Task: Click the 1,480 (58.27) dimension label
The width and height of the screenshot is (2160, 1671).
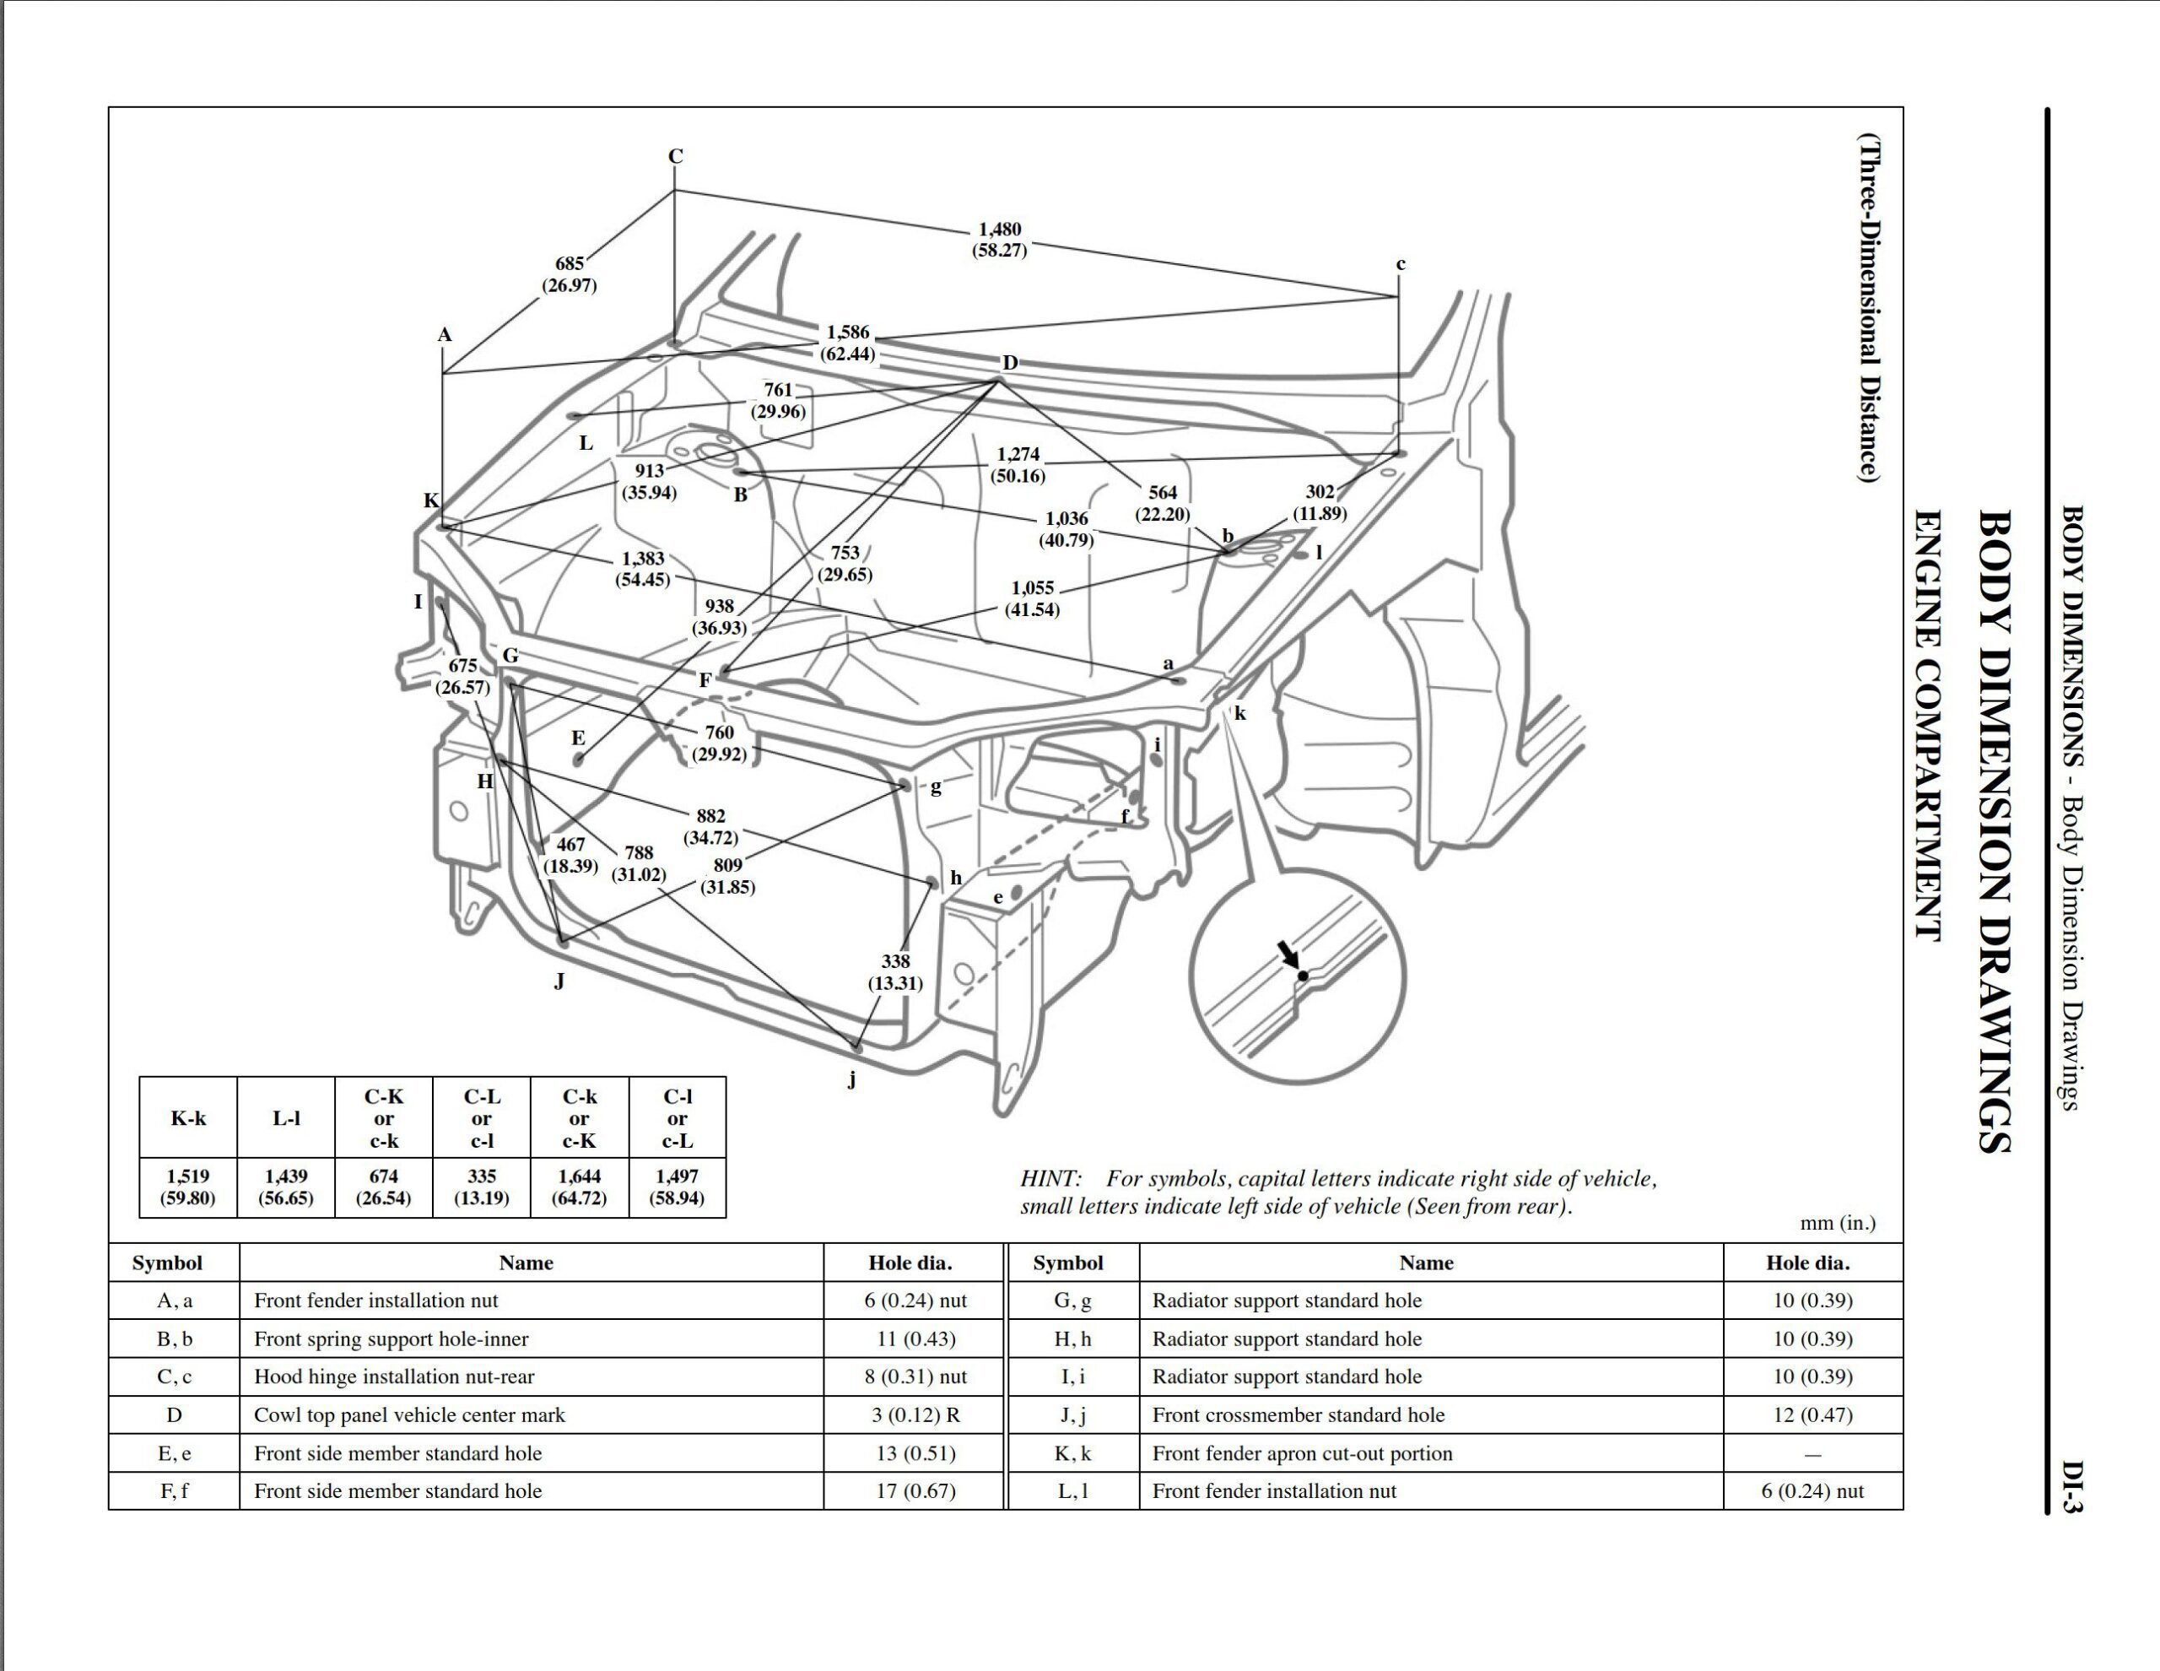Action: pos(999,240)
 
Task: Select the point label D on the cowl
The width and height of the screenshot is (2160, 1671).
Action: pos(1009,363)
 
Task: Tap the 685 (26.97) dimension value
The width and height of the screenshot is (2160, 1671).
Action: pos(569,274)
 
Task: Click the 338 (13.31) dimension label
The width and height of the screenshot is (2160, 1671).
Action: pos(895,971)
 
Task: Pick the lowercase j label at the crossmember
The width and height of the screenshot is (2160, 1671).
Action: pos(851,1079)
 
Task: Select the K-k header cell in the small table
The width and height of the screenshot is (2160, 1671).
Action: pos(188,1118)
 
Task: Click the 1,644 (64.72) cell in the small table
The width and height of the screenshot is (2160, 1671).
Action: pos(580,1187)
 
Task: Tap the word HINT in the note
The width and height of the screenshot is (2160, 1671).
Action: pos(1050,1179)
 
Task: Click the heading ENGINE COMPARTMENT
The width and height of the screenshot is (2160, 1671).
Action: pos(1926,724)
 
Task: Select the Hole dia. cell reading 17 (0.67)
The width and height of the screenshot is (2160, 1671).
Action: pos(915,1491)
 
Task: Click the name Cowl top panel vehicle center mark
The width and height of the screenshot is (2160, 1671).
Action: pos(409,1414)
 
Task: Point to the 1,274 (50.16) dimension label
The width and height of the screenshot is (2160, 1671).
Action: pos(1018,465)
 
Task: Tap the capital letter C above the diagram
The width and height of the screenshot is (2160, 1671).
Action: pos(676,156)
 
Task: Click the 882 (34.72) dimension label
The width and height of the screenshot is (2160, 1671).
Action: pos(710,826)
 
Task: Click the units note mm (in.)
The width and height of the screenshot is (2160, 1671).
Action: pos(1838,1223)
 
